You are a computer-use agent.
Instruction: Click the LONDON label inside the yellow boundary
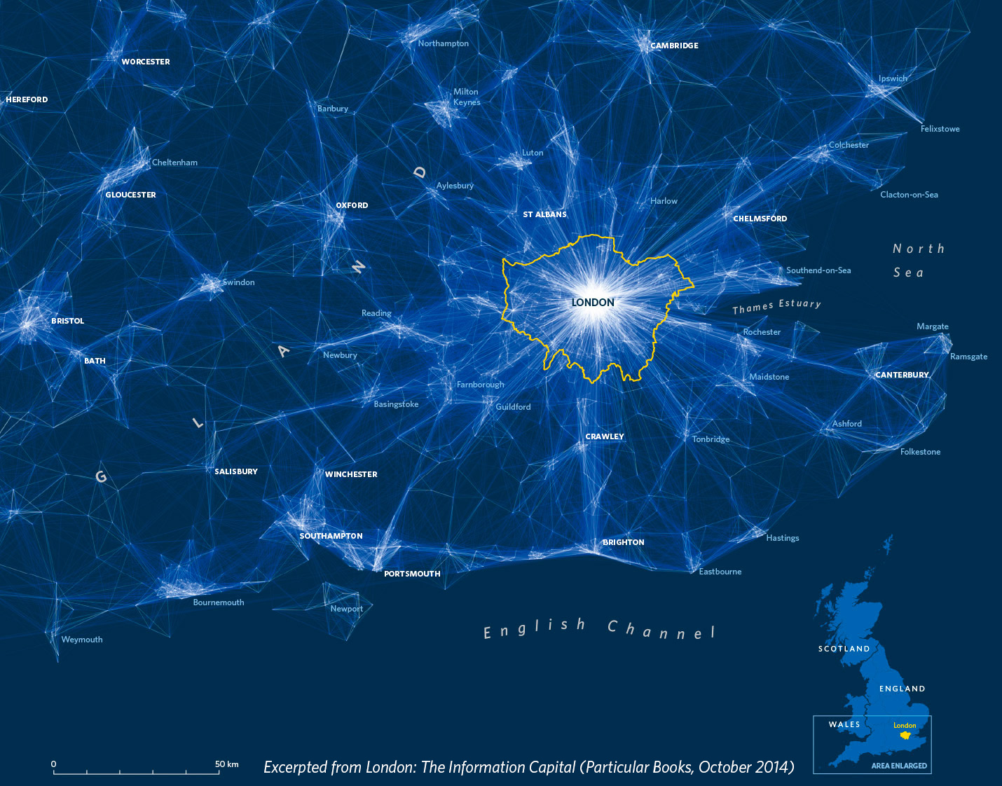(x=593, y=303)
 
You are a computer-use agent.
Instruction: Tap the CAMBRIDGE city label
(x=674, y=46)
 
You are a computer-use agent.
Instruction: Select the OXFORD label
(x=352, y=205)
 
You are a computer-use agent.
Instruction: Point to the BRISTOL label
(x=67, y=321)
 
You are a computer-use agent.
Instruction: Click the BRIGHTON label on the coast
(x=623, y=542)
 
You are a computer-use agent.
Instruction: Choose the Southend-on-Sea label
(x=818, y=270)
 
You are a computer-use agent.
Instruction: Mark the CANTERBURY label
(x=902, y=375)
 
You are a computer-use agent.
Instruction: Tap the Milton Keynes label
(x=466, y=97)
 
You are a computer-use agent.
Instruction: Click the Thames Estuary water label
(x=776, y=306)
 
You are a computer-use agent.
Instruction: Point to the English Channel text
(x=599, y=629)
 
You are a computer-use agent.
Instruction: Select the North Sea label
(x=918, y=260)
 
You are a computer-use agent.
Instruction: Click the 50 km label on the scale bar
(x=226, y=764)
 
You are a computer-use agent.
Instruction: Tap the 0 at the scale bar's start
(x=54, y=764)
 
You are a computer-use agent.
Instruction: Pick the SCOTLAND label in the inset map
(x=844, y=649)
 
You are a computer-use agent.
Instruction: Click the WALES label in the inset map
(x=844, y=724)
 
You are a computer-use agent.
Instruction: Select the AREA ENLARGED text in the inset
(x=899, y=766)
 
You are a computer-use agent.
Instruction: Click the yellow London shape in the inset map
(x=905, y=735)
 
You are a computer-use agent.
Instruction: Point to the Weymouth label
(x=82, y=640)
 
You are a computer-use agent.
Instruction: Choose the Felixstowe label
(x=940, y=129)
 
